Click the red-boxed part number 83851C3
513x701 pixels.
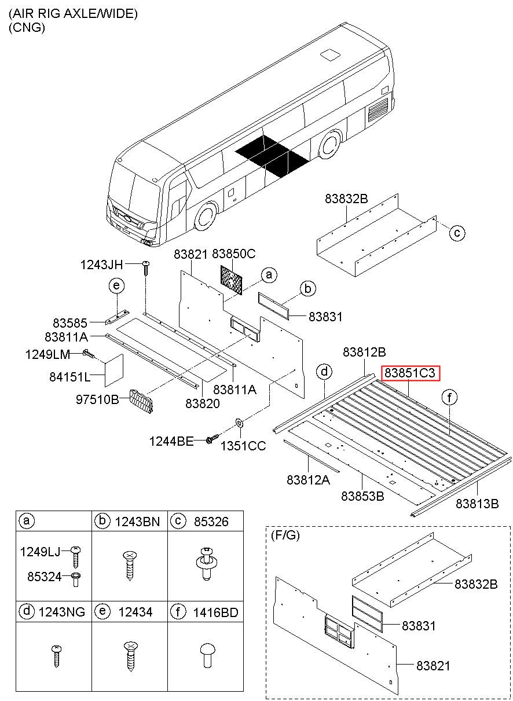(x=410, y=373)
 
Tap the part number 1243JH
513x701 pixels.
(x=101, y=265)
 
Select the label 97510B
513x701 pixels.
(x=97, y=399)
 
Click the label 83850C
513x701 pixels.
(x=233, y=254)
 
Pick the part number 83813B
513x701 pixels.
(x=477, y=503)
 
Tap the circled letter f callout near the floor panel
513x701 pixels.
(x=449, y=397)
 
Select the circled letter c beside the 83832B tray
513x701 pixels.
(x=456, y=233)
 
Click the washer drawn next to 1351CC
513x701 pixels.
(x=239, y=424)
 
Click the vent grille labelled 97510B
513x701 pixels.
(x=143, y=401)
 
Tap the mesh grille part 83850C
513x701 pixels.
(x=233, y=279)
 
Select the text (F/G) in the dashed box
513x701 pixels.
(x=285, y=536)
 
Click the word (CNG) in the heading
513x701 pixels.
(x=27, y=27)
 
